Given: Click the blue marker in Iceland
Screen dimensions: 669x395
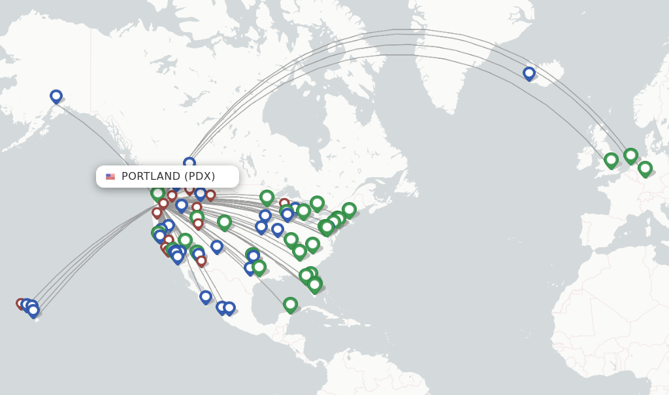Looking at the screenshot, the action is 529,73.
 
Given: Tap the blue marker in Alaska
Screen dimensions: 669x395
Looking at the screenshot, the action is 56,96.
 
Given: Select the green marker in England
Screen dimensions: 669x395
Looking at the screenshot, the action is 611,160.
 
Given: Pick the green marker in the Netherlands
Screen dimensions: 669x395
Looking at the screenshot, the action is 630,156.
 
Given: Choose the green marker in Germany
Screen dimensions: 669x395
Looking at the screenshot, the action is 645,168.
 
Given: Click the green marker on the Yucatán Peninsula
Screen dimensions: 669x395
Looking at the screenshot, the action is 290,304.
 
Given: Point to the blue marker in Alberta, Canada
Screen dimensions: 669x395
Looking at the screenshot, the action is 189,163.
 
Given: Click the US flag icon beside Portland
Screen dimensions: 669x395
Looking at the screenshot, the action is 110,177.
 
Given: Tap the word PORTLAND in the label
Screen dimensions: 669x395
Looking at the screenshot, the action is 151,177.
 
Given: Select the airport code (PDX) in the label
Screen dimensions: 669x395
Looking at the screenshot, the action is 199,177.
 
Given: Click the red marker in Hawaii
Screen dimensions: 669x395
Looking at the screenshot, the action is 21,303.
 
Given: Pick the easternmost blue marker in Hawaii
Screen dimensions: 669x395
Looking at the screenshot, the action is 33,310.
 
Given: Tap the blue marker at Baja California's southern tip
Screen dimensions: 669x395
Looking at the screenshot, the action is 206,296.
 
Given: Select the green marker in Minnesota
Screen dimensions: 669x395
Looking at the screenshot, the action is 267,196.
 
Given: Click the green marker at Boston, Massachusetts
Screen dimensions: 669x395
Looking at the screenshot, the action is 349,209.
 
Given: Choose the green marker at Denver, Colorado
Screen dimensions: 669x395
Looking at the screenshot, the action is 224,222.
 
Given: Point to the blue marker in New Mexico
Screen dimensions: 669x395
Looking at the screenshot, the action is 217,246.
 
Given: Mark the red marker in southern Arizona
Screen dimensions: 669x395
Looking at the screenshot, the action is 201,260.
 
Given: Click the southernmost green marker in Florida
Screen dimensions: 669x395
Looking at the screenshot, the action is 315,284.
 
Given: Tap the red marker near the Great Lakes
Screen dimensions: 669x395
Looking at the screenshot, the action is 284,203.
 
